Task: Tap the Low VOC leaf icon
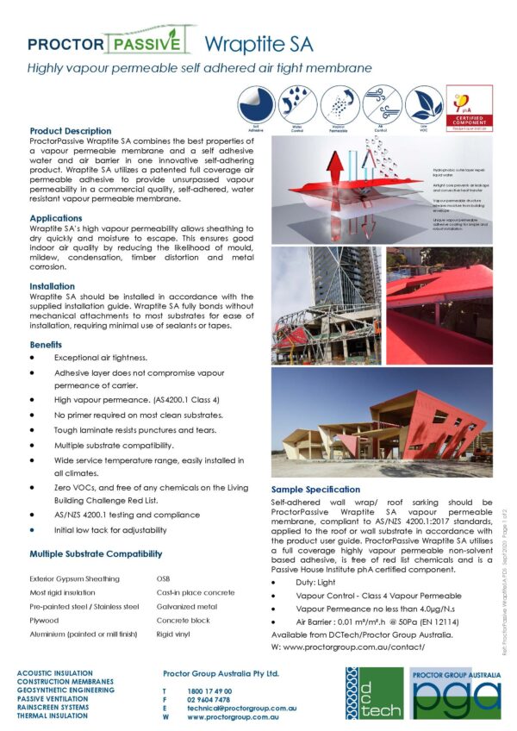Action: click(424, 102)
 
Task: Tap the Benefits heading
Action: click(46, 344)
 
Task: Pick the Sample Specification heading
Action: click(316, 489)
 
